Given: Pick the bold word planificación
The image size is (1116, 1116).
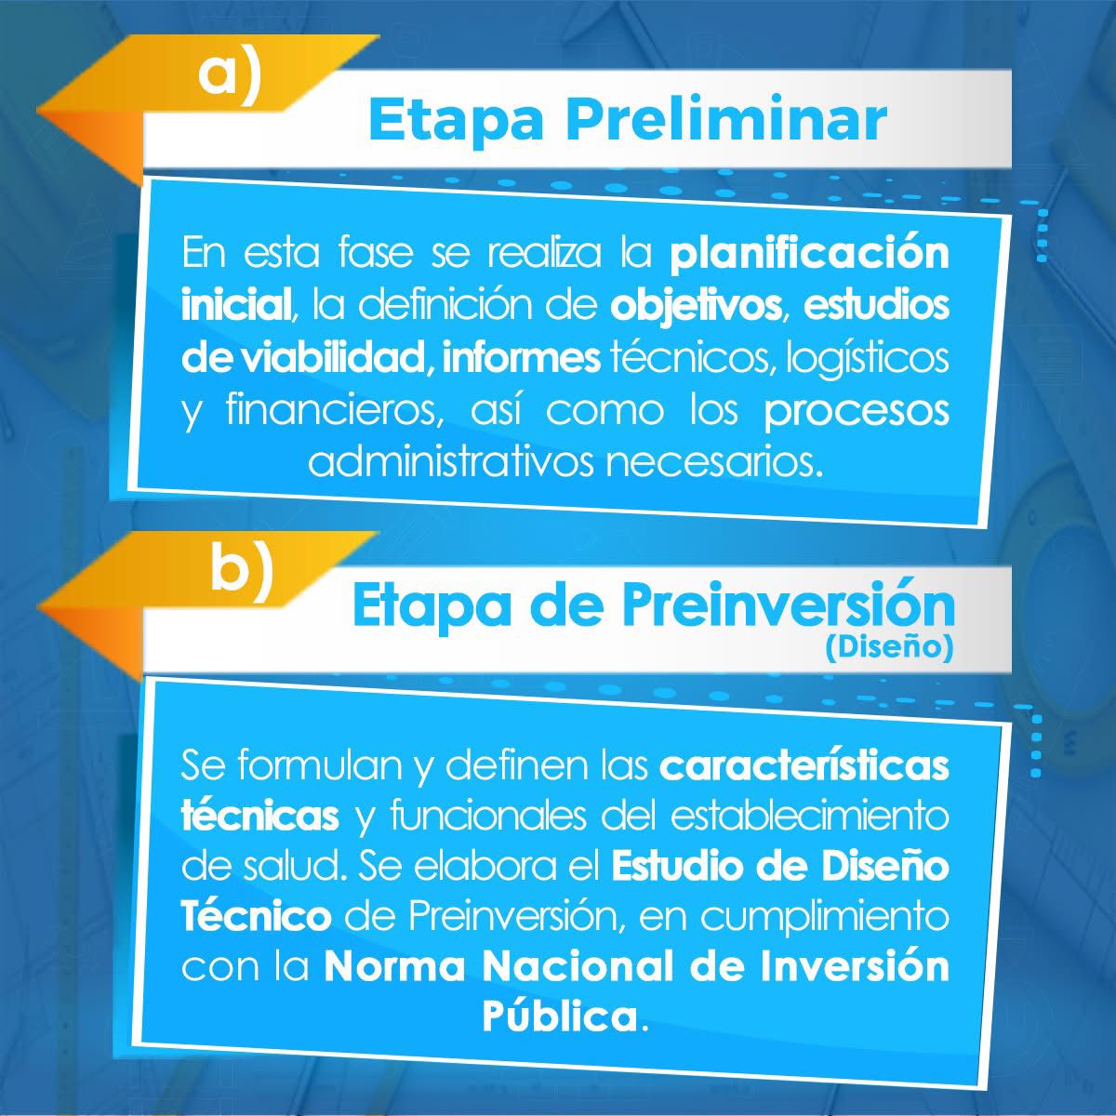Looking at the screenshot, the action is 810,256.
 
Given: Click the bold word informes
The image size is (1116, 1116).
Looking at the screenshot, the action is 521,358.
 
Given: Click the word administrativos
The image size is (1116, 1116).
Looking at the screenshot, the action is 451,462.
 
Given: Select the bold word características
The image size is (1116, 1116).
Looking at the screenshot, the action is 804,765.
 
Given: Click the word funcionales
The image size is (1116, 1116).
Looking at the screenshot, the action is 488,816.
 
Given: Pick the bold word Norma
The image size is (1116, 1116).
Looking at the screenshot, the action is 394,967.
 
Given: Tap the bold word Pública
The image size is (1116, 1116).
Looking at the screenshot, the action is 560,1017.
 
